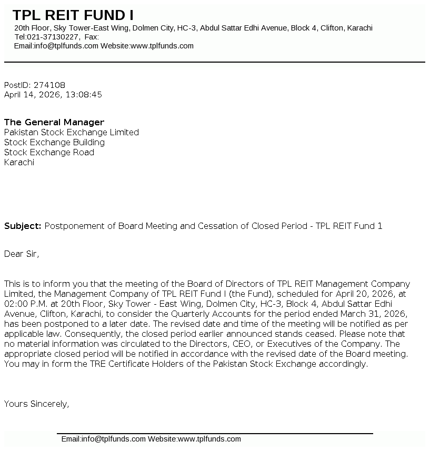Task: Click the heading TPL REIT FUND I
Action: point(73,15)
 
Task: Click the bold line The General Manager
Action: point(54,122)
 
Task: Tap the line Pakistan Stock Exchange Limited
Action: point(72,132)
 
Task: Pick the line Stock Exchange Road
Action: point(49,152)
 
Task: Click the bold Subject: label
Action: point(23,226)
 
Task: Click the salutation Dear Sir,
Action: point(22,254)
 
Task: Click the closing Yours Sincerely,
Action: point(37,404)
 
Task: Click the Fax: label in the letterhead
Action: point(92,37)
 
